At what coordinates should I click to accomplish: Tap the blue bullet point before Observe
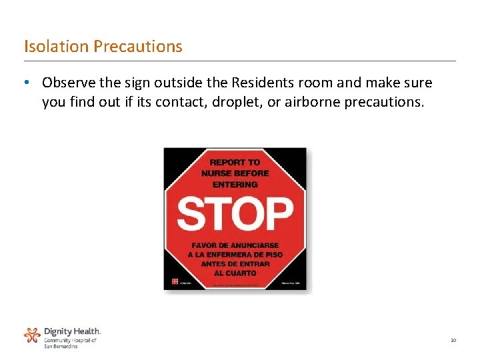click(25, 83)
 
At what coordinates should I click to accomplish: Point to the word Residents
click(261, 83)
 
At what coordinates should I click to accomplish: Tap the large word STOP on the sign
click(235, 213)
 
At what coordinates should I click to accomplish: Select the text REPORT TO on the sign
click(235, 162)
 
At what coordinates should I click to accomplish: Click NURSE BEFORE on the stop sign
click(235, 173)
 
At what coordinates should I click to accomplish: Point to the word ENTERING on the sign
click(235, 184)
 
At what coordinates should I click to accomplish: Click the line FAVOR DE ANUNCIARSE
click(235, 245)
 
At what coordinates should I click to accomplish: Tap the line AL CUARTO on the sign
click(235, 273)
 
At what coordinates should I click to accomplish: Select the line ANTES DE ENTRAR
click(235, 264)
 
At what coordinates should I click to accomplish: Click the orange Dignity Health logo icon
click(32, 335)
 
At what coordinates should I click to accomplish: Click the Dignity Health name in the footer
click(72, 331)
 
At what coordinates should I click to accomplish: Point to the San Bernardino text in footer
click(61, 347)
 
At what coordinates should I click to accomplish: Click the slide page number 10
click(453, 341)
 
